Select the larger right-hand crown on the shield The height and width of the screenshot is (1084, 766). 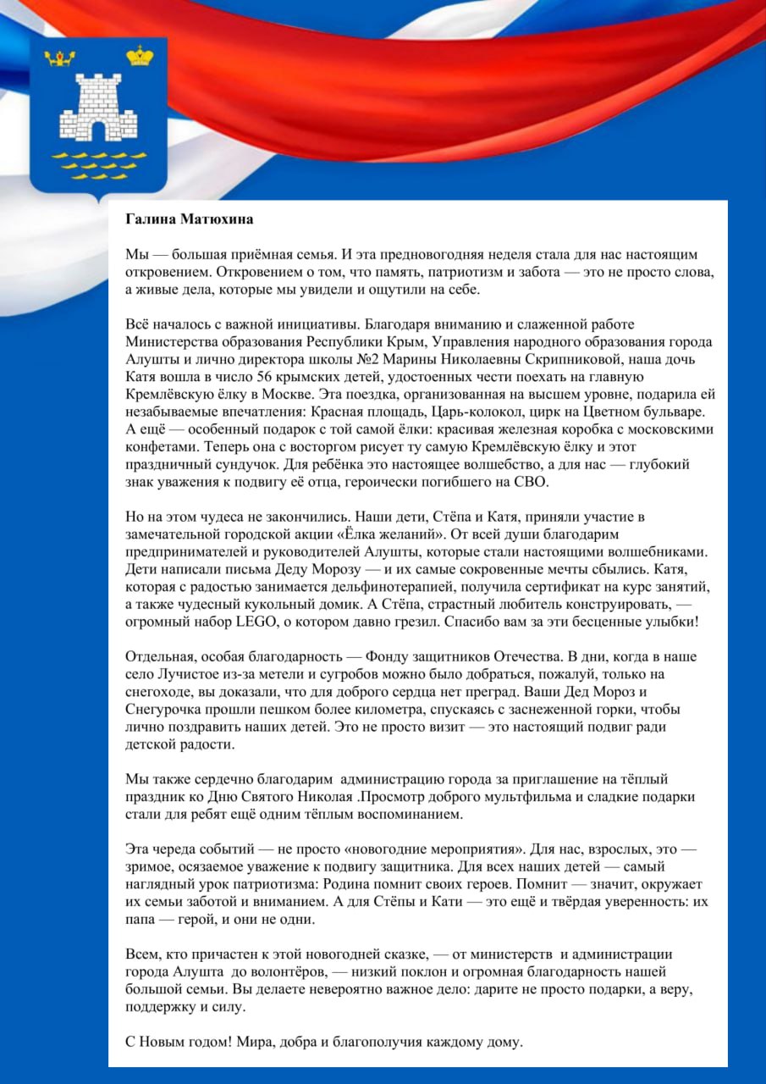pyautogui.click(x=140, y=57)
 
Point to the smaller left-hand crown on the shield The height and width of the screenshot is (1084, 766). pyautogui.click(x=59, y=58)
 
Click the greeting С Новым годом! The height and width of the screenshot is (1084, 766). pyautogui.click(x=174, y=1042)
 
